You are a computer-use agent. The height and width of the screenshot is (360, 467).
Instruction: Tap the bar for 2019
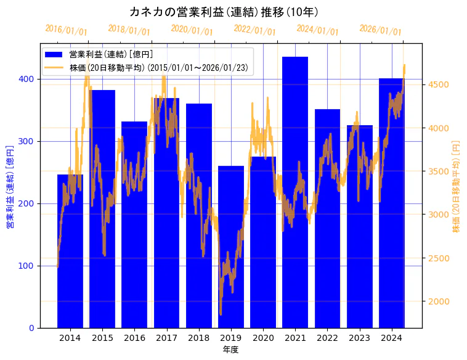[x=231, y=247]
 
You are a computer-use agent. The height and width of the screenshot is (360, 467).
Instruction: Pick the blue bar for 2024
[x=392, y=203]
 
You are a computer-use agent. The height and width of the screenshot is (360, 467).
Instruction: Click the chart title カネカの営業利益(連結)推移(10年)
[x=224, y=12]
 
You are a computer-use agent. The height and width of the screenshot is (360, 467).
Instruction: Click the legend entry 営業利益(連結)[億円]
[x=111, y=55]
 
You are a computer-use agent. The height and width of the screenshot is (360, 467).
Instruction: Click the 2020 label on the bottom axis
[x=263, y=338]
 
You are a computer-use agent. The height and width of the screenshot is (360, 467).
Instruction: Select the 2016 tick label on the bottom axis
[x=134, y=338]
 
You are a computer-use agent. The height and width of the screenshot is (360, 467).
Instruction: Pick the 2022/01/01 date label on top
[x=254, y=30]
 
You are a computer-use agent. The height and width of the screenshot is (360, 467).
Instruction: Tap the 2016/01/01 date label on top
[x=66, y=30]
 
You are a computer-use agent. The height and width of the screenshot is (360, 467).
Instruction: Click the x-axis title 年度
[x=231, y=350]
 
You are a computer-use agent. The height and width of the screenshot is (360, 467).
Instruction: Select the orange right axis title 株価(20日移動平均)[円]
[x=457, y=185]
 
